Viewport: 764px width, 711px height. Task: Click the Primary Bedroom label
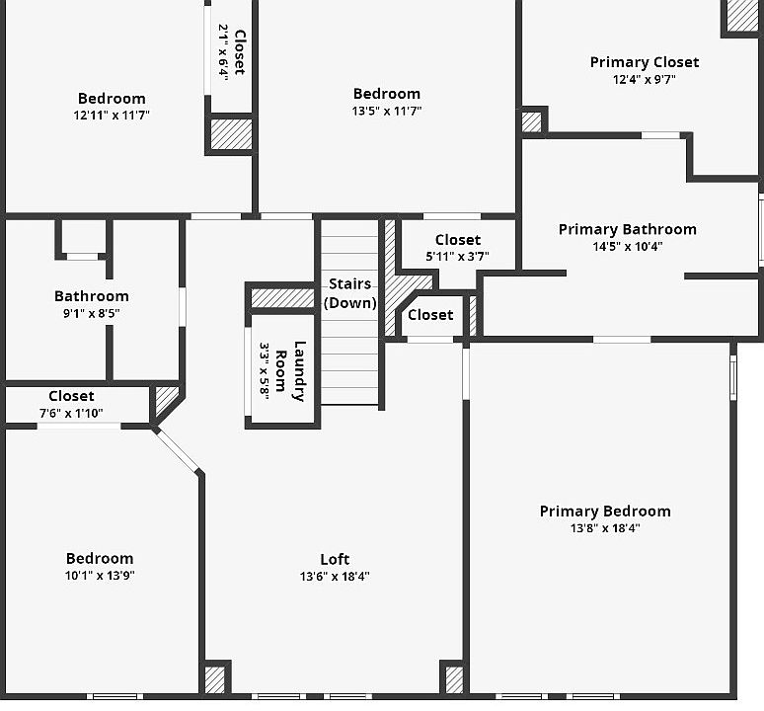(604, 511)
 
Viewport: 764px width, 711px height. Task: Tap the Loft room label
(335, 559)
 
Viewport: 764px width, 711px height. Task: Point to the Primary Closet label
(644, 62)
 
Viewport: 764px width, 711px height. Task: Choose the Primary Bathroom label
(627, 229)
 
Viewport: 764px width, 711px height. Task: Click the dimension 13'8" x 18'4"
(604, 528)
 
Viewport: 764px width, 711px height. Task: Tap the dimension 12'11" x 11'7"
(112, 115)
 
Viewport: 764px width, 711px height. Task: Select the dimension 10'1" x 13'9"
(100, 575)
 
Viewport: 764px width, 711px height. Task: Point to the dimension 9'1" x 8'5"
(91, 313)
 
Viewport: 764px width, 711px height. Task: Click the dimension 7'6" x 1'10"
(71, 413)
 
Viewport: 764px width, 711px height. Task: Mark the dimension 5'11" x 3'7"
(457, 257)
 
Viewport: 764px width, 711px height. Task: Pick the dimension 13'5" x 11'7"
(387, 111)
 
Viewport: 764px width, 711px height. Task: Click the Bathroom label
(91, 296)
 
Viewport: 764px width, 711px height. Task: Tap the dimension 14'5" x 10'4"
(627, 247)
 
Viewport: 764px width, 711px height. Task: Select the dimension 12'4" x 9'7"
(644, 80)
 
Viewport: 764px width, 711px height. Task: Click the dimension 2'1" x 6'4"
(223, 52)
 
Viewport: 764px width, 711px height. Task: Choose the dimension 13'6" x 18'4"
(335, 577)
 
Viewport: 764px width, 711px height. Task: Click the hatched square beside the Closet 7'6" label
(166, 400)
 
